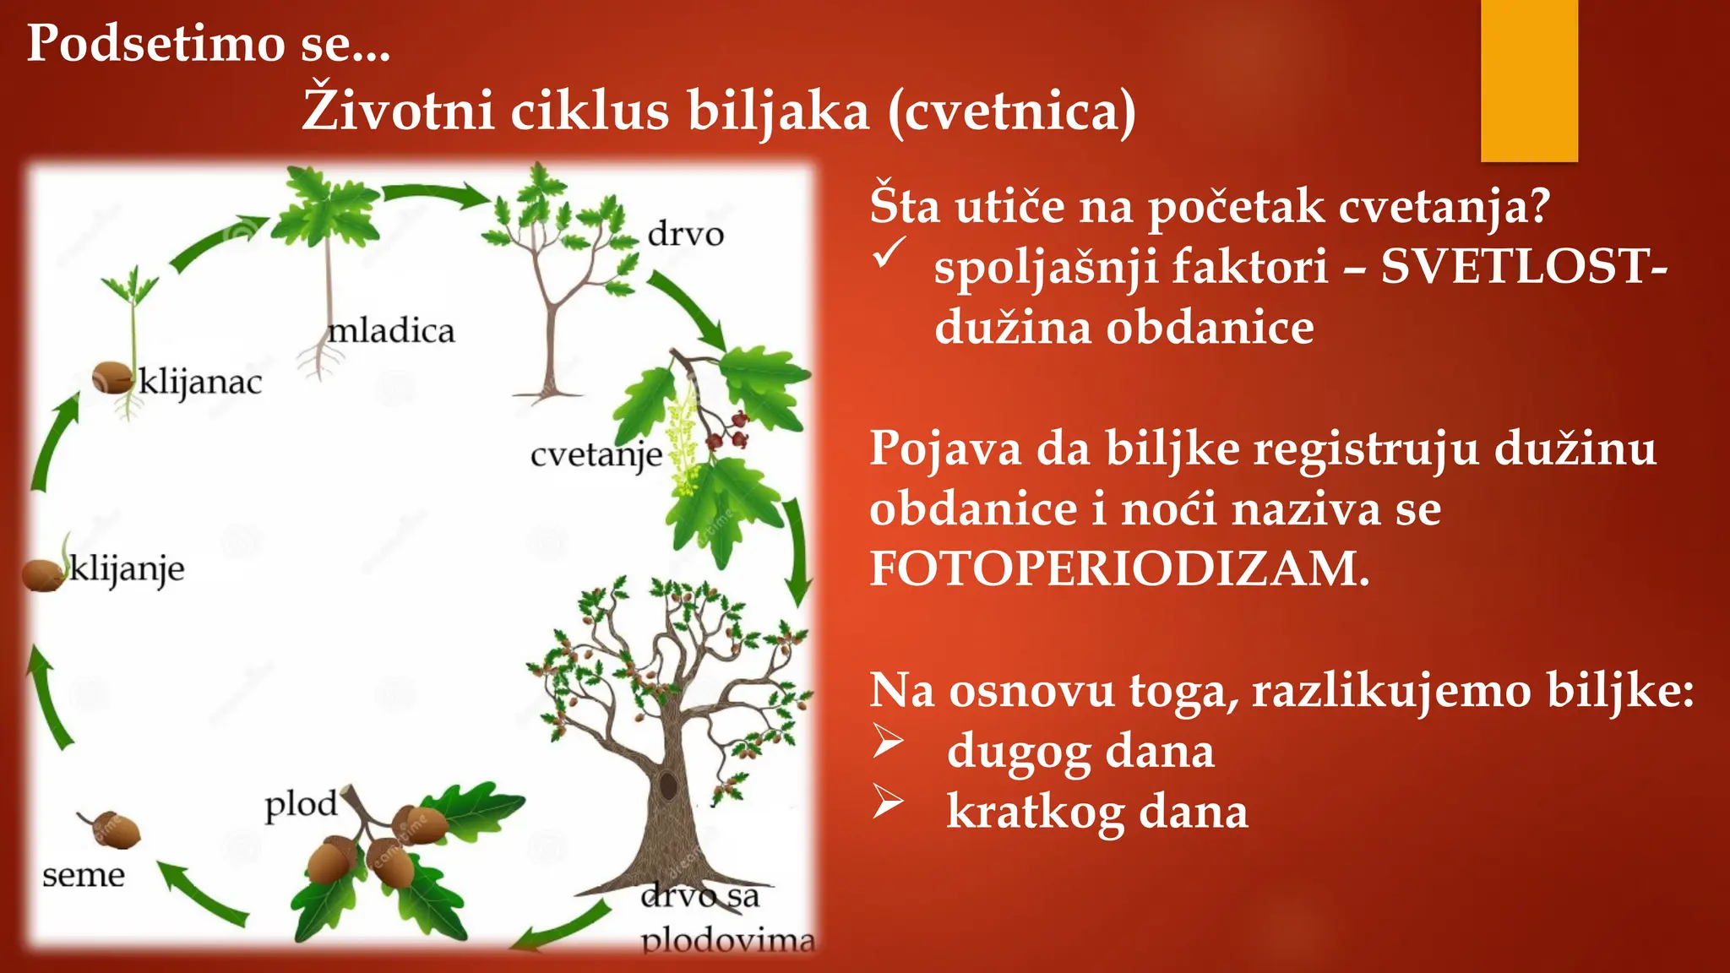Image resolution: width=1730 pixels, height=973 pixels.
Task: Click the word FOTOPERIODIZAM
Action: [1118, 568]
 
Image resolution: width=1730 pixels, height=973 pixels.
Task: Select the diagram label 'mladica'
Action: [391, 330]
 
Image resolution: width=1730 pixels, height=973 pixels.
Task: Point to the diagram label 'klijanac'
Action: [200, 382]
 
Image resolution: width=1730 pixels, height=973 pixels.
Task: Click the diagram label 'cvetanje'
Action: [596, 456]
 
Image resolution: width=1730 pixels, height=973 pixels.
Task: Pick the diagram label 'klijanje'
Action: [127, 569]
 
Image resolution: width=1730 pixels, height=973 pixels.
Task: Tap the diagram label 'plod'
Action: [301, 804]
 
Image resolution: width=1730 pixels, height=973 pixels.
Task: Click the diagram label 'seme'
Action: [83, 876]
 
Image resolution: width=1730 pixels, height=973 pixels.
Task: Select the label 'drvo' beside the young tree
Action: [685, 234]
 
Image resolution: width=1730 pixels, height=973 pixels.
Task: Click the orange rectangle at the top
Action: [1529, 80]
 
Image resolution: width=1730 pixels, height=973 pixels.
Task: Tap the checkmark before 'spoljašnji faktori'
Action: [889, 253]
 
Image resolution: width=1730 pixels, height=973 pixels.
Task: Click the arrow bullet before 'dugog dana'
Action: [888, 741]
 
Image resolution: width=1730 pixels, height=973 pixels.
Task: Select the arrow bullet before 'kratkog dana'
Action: [888, 802]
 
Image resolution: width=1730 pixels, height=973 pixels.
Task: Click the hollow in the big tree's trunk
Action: [668, 785]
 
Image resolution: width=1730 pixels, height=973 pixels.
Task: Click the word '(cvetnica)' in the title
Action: [1011, 111]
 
